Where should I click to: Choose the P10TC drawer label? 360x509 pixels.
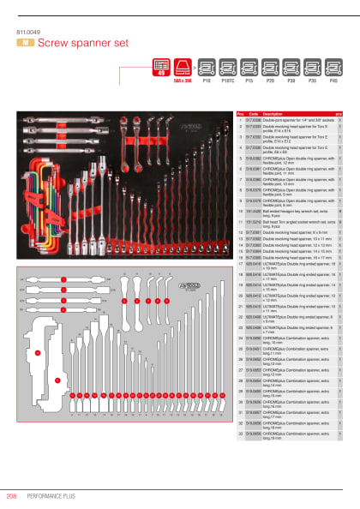[x=227, y=78]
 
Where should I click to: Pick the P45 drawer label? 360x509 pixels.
[x=333, y=78]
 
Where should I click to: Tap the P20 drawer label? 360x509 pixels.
[x=270, y=78]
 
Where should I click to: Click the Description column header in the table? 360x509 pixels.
[x=273, y=113]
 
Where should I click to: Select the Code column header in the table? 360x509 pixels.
[x=253, y=113]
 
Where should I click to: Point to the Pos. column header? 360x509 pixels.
[x=241, y=113]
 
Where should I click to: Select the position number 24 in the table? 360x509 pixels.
[x=241, y=340]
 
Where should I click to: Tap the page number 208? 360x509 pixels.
[x=12, y=494]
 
